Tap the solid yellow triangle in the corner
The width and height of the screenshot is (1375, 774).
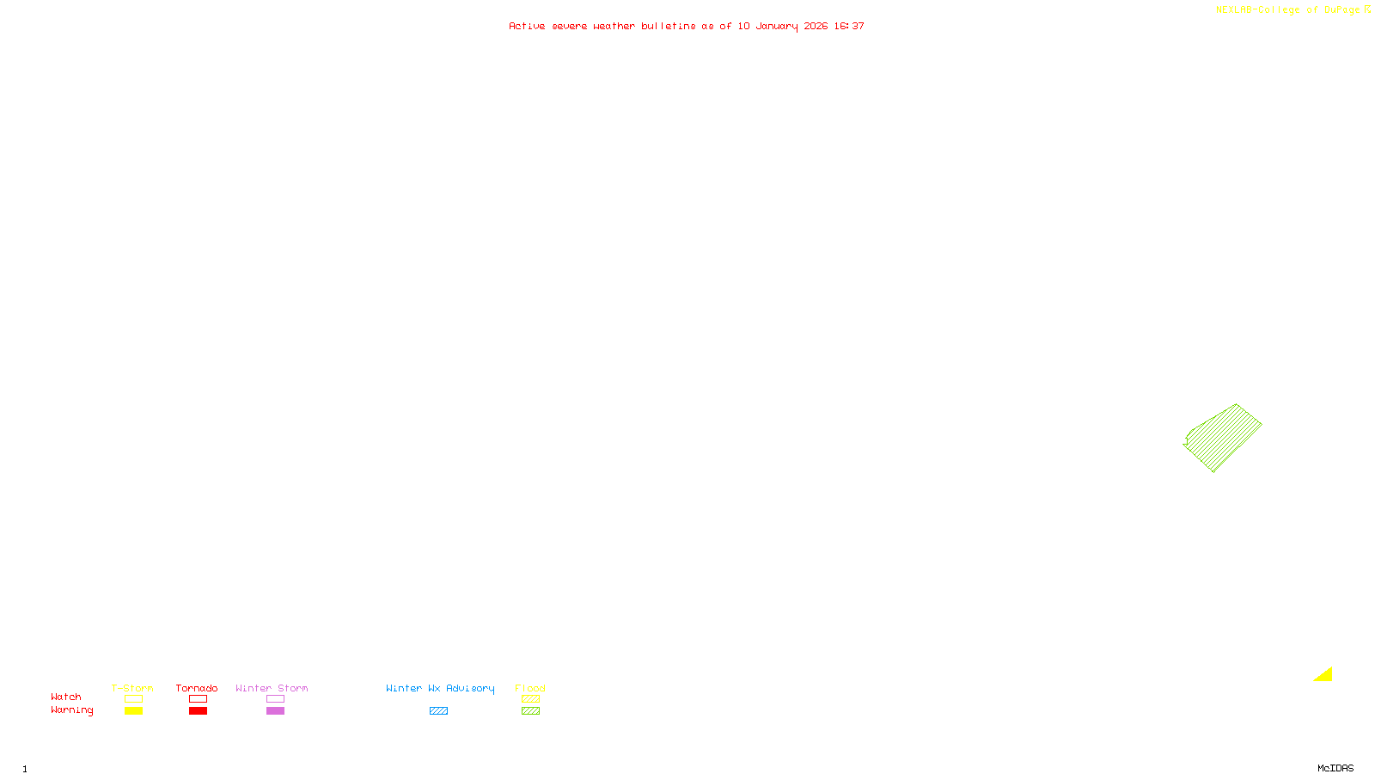coord(1325,676)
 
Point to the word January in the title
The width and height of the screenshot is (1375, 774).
coord(776,26)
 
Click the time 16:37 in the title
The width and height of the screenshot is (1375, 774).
coord(849,26)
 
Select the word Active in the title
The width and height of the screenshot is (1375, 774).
coord(527,26)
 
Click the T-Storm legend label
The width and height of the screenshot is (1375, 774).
coord(132,688)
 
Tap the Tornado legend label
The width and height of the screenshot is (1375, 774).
coord(197,688)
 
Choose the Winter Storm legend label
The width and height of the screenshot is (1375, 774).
coord(272,688)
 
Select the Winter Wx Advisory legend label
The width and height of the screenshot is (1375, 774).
coord(440,688)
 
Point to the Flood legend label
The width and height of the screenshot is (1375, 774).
coord(530,688)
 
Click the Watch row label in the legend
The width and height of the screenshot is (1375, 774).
coord(66,697)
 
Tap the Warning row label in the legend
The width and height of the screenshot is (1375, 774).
coord(72,710)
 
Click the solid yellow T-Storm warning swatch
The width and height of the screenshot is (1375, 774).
coord(133,711)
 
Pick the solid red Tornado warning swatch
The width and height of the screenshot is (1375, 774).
coord(198,711)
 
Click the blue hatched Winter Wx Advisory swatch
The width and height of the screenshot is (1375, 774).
coord(438,711)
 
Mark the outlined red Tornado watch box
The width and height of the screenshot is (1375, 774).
coord(198,699)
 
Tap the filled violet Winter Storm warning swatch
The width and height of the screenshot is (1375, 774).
coord(275,711)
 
